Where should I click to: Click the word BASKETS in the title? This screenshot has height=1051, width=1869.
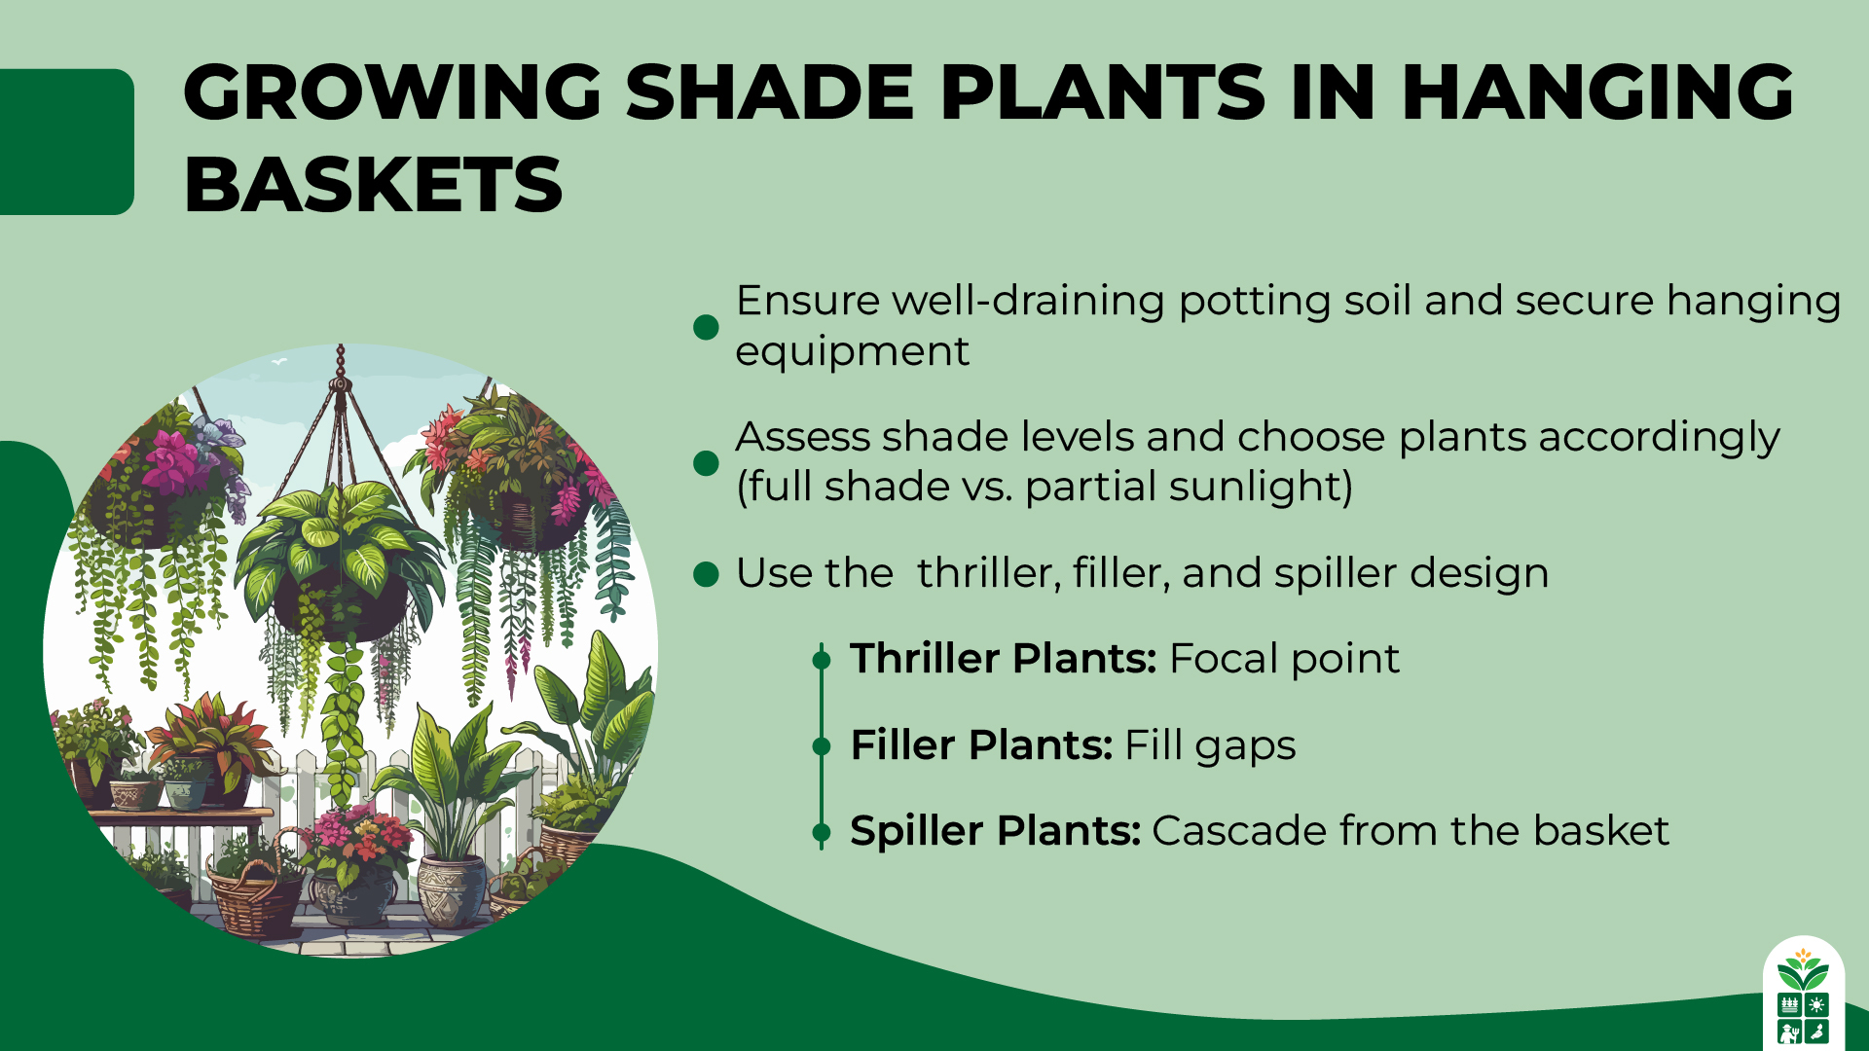tap(373, 185)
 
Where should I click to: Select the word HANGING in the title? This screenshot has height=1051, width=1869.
tap(1596, 92)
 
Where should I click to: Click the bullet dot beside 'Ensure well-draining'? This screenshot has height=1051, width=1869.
tap(706, 327)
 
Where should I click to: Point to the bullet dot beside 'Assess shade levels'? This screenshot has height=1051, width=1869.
tap(706, 463)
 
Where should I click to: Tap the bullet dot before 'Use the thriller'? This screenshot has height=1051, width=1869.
tap(706, 574)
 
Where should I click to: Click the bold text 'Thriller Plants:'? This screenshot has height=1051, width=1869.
tap(1003, 659)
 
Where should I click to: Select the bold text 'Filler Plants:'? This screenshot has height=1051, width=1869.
tap(981, 745)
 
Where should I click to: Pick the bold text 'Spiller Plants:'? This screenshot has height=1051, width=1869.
tap(995, 831)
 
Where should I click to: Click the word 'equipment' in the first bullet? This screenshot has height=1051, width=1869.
tap(852, 351)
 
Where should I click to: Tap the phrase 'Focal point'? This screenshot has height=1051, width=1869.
tap(1284, 659)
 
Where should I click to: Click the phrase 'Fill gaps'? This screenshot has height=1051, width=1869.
tap(1210, 745)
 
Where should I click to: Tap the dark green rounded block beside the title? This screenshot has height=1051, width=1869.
tap(66, 141)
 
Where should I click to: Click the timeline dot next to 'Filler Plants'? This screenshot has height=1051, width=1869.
tap(822, 746)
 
